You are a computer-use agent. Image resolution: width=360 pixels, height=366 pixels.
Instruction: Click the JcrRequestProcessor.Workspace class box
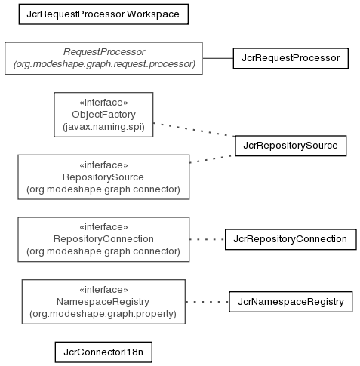pyautogui.click(x=103, y=14)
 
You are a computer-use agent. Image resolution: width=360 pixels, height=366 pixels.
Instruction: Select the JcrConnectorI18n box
pyautogui.click(x=103, y=352)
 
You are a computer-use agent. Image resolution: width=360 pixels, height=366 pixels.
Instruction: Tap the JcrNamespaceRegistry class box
pyautogui.click(x=291, y=302)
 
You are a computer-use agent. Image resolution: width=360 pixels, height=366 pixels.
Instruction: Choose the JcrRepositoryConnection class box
pyautogui.click(x=291, y=239)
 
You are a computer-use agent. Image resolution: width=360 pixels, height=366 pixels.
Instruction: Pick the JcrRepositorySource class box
pyautogui.click(x=291, y=146)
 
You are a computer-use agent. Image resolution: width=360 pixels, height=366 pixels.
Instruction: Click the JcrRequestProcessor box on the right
pyautogui.click(x=291, y=58)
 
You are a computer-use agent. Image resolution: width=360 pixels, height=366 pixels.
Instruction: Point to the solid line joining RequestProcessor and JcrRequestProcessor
pyautogui.click(x=218, y=58)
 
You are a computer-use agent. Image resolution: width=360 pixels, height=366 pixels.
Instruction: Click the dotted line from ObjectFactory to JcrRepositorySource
pyautogui.click(x=194, y=130)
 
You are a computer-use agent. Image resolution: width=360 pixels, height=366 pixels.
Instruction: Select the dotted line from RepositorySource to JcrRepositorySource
pyautogui.click(x=212, y=159)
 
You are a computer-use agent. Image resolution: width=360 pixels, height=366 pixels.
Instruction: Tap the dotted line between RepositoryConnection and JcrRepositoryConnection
pyautogui.click(x=207, y=239)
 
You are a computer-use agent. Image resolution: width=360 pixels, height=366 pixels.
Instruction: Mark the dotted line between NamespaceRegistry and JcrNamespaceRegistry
pyautogui.click(x=207, y=302)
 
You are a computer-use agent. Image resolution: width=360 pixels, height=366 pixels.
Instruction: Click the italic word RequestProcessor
pyautogui.click(x=104, y=52)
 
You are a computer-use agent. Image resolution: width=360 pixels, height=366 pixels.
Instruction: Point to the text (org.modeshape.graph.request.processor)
pyautogui.click(x=104, y=64)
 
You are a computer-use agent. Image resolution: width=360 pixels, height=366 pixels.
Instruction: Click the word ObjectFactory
pyautogui.click(x=103, y=115)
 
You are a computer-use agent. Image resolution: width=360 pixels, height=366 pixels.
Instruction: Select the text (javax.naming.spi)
pyautogui.click(x=103, y=127)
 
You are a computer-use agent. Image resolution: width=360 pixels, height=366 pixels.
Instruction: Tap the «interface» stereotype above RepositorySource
pyautogui.click(x=103, y=165)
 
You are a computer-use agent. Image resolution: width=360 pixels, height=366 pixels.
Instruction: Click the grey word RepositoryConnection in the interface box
pyautogui.click(x=103, y=239)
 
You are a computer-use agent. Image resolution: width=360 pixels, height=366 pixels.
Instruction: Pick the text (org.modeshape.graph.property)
pyautogui.click(x=103, y=314)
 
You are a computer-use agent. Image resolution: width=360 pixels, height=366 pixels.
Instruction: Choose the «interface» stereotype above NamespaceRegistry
pyautogui.click(x=103, y=290)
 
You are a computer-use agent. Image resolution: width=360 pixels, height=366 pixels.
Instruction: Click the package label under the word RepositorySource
pyautogui.click(x=103, y=189)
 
